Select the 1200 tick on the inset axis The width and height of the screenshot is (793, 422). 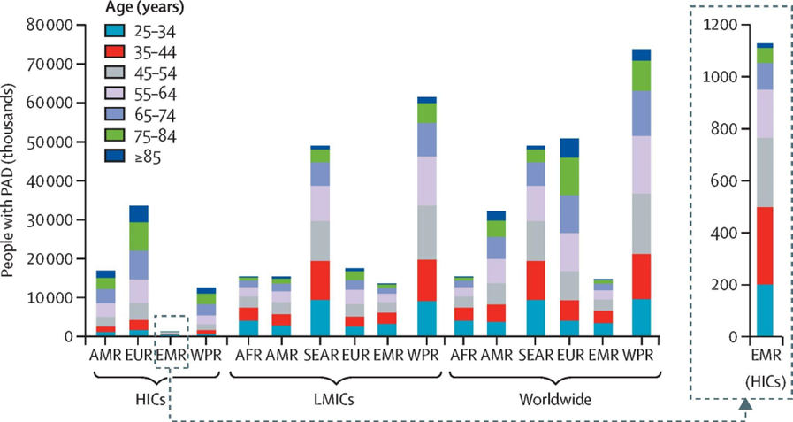click(720, 26)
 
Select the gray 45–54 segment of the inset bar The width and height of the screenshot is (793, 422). click(764, 172)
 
